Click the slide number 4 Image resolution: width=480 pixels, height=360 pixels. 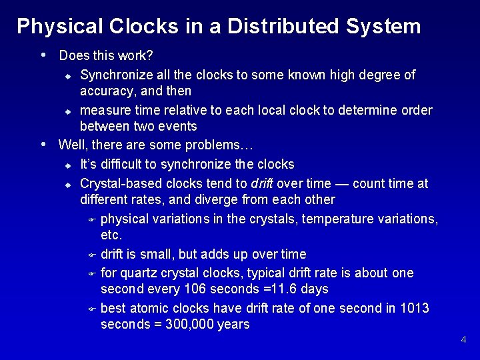click(x=464, y=340)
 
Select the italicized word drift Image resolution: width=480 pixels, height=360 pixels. click(x=262, y=183)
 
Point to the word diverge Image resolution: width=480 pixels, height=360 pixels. click(x=211, y=199)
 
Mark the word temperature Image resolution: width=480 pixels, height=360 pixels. click(x=339, y=219)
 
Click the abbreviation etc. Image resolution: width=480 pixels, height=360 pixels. click(x=111, y=235)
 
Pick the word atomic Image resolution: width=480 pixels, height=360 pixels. click(x=151, y=308)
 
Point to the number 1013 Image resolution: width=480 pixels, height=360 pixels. click(x=415, y=308)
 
